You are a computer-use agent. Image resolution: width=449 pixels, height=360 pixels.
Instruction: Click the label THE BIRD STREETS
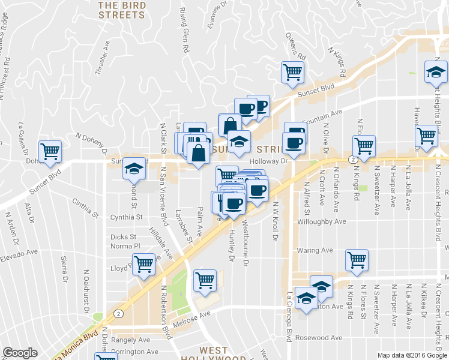pos(121,10)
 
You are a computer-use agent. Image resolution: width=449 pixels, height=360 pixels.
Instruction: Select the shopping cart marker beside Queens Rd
pos(292,73)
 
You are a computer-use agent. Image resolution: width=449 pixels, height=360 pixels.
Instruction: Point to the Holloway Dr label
pos(270,161)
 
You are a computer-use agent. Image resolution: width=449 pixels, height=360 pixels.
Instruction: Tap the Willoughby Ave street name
pos(322,221)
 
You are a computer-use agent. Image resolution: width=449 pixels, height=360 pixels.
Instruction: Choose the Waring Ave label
pos(315,250)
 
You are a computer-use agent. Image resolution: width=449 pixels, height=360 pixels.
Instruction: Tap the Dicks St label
pos(124,237)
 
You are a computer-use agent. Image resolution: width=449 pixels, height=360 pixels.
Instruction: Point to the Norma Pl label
pos(125,246)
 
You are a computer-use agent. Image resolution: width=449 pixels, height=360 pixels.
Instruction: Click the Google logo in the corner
pos(20,353)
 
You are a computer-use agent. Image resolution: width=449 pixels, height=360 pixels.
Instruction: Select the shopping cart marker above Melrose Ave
pos(205,280)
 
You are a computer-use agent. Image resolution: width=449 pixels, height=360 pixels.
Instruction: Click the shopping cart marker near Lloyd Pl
pos(144,264)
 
